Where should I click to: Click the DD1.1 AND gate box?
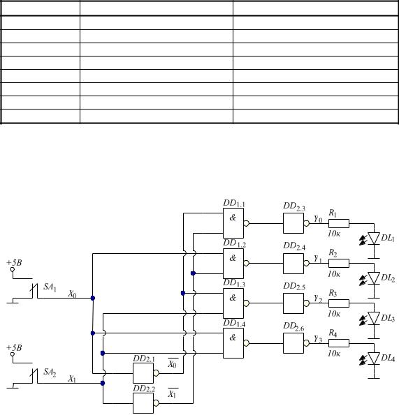233,223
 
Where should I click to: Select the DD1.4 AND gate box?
233,343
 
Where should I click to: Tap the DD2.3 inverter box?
293,223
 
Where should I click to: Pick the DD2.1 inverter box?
143,373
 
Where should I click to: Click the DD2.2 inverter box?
143,403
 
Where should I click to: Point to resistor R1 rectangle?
339,223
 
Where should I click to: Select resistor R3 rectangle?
339,303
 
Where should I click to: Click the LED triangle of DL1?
374,239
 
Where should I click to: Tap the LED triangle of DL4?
374,359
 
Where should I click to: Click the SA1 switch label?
50,287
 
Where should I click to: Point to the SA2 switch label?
50,372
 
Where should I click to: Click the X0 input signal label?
72,294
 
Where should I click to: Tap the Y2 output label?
318,299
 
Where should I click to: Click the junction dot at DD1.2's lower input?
193,273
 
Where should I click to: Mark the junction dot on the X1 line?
103,383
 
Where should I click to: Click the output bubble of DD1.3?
246,303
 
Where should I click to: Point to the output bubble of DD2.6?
307,343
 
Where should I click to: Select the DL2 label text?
388,278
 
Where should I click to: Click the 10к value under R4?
334,354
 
